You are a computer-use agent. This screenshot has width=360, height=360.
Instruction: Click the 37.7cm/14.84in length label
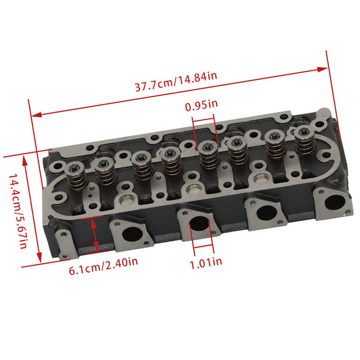coord(176,82)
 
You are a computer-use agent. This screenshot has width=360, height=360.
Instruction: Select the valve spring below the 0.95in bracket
coord(208,156)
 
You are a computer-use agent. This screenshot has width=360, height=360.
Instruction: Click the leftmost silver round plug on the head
coord(126,200)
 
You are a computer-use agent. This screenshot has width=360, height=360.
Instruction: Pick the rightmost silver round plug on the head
coord(260,180)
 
